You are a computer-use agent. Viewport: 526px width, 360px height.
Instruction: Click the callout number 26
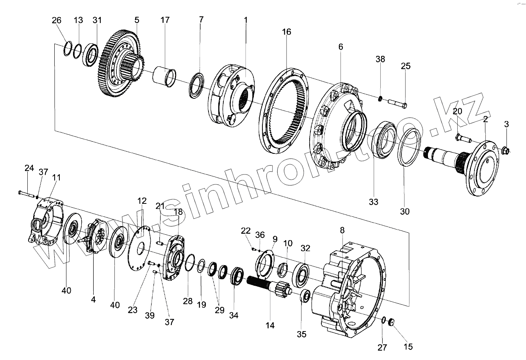tap(57, 20)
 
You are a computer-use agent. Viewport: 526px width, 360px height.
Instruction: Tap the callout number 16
tap(287, 32)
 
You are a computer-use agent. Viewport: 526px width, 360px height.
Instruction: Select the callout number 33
tap(374, 202)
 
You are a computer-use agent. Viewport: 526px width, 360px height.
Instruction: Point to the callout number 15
tap(408, 346)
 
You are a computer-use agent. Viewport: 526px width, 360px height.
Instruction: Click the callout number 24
tap(29, 168)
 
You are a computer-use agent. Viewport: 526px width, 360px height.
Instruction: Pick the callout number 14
tap(270, 325)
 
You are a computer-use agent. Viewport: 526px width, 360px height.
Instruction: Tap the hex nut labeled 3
tap(505, 150)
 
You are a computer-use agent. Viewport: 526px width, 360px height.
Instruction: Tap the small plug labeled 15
tap(392, 322)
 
